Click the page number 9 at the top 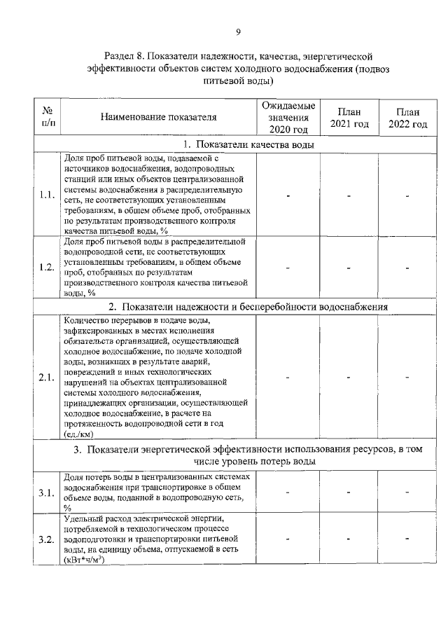pyautogui.click(x=238, y=32)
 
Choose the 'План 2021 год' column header pyautogui.click(x=349, y=117)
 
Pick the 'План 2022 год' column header pyautogui.click(x=407, y=117)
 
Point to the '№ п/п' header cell pyautogui.click(x=48, y=117)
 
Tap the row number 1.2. pyautogui.click(x=48, y=268)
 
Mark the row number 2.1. pyautogui.click(x=48, y=378)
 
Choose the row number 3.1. pyautogui.click(x=48, y=493)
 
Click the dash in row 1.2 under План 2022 pyautogui.click(x=407, y=268)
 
